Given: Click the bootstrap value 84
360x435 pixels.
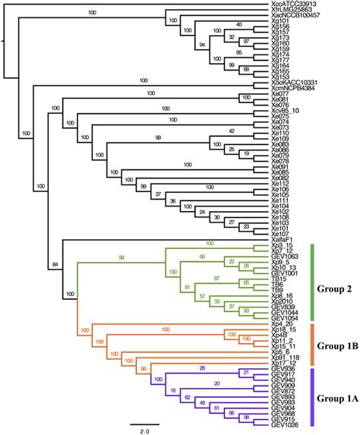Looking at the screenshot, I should click(x=53, y=263).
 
